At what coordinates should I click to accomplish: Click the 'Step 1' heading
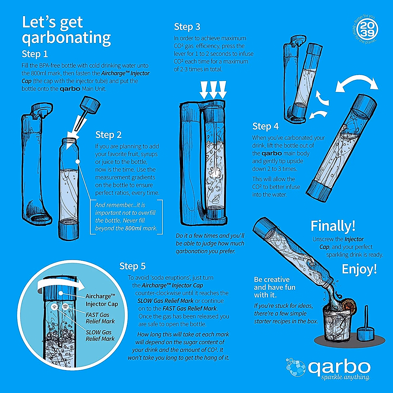(35, 54)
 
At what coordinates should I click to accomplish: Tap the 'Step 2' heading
(108, 135)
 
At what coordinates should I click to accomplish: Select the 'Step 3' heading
(187, 27)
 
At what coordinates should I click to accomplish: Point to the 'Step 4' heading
(265, 126)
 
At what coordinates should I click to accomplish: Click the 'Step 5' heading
(132, 266)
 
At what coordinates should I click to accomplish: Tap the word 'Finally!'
(333, 226)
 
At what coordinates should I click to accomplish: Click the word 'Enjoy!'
(359, 269)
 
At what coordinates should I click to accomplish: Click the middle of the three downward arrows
(213, 89)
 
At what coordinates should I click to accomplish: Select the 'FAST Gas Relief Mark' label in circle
(100, 318)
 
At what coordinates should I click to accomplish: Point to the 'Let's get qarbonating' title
(66, 30)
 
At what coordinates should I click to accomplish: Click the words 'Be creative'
(271, 279)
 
